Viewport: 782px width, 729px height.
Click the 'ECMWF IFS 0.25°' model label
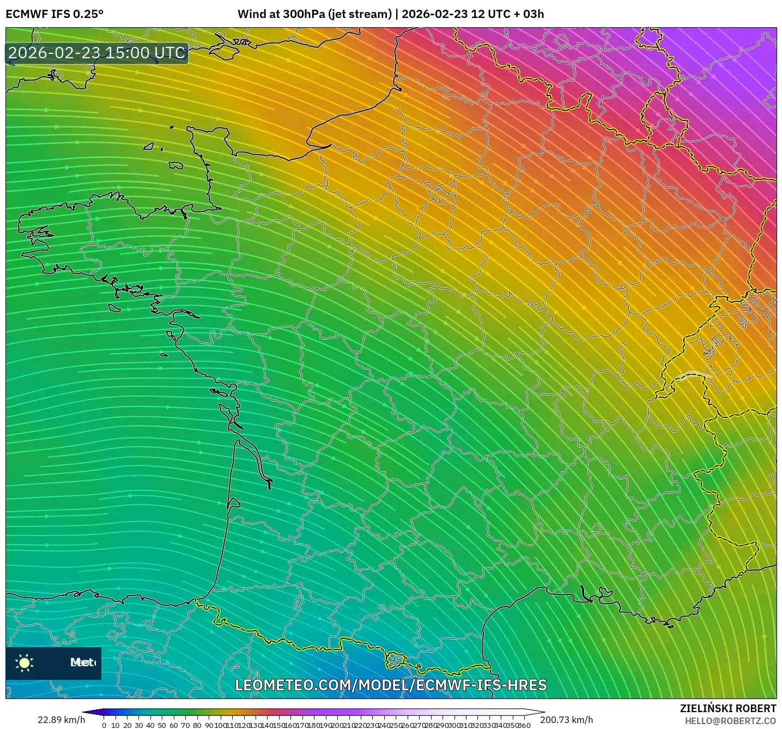pyautogui.click(x=54, y=14)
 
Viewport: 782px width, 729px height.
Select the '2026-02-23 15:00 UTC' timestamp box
pyautogui.click(x=97, y=53)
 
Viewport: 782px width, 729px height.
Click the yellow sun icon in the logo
pyautogui.click(x=25, y=663)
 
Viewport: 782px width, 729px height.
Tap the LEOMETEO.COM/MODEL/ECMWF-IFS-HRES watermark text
pyautogui.click(x=391, y=685)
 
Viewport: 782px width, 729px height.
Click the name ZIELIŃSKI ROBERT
pyautogui.click(x=728, y=708)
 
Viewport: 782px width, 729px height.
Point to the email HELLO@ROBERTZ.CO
pyautogui.click(x=730, y=721)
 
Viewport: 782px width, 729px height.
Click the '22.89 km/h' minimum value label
pyautogui.click(x=61, y=720)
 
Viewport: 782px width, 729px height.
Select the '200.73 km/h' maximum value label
pyautogui.click(x=566, y=720)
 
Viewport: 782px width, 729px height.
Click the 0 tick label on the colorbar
pyautogui.click(x=104, y=725)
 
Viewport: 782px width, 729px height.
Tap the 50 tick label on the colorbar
pyautogui.click(x=162, y=725)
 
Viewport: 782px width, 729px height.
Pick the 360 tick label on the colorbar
pyautogui.click(x=524, y=725)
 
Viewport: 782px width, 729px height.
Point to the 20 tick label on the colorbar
pyautogui.click(x=127, y=725)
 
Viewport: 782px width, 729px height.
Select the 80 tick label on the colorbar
pyautogui.click(x=197, y=725)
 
